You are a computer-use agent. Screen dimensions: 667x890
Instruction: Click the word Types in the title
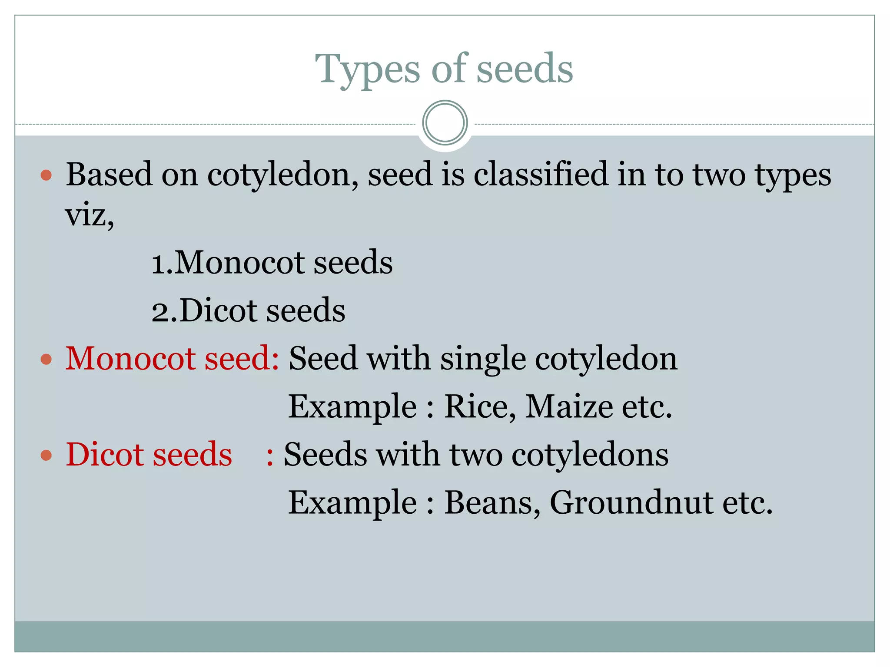click(x=367, y=69)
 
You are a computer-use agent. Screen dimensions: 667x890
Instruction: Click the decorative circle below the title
click(x=445, y=123)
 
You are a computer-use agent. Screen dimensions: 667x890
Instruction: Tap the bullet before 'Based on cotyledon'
click(x=46, y=175)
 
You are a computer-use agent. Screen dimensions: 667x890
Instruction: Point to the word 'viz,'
click(x=90, y=215)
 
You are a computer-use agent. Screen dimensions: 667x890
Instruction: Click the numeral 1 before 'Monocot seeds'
click(x=158, y=263)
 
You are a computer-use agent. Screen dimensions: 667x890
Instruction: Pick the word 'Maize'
click(x=569, y=406)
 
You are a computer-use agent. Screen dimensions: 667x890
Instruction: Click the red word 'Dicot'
click(x=104, y=455)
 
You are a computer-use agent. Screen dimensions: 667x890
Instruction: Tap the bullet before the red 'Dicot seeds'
click(x=46, y=456)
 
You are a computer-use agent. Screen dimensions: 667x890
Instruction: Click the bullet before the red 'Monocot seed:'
click(x=46, y=360)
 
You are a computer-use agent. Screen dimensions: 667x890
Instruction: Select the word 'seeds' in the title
click(x=525, y=69)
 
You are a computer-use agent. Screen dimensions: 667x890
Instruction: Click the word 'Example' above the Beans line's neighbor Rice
click(x=352, y=406)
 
